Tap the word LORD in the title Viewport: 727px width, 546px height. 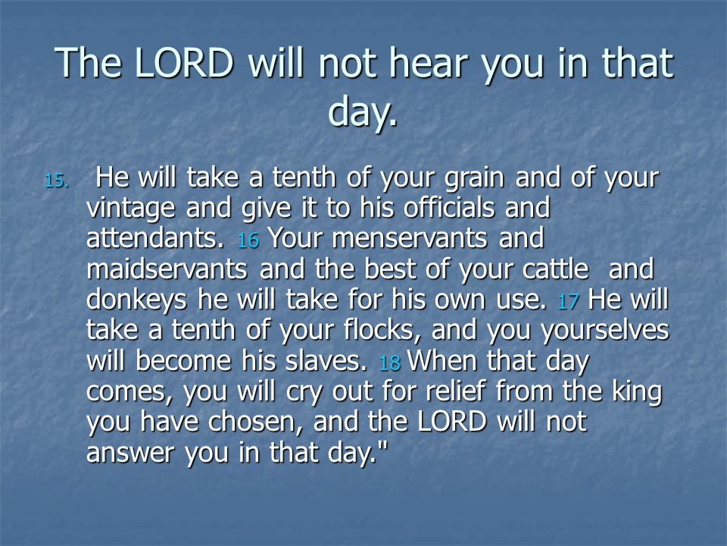tap(183, 63)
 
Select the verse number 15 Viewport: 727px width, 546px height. tap(57, 180)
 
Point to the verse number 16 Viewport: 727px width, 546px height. tap(248, 240)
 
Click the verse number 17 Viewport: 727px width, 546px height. tap(569, 301)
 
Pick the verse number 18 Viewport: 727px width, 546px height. tap(389, 362)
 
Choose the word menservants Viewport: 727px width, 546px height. tap(410, 239)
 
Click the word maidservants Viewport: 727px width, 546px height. tap(167, 268)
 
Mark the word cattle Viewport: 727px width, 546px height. tap(555, 268)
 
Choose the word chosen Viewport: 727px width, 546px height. tap(255, 422)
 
